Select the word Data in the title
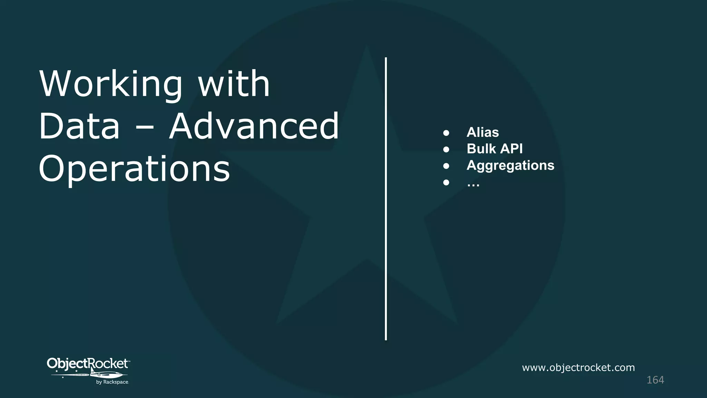[79, 126]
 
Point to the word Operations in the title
[134, 169]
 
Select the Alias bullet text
[483, 132]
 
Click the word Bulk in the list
[481, 149]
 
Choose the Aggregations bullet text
[510, 165]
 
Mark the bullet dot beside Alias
[446, 133]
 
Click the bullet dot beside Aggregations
[446, 166]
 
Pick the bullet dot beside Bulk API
[446, 150]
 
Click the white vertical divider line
[386, 199]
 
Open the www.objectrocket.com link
[578, 368]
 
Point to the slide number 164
[655, 380]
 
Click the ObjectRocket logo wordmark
[88, 364]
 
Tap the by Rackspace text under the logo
[112, 382]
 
